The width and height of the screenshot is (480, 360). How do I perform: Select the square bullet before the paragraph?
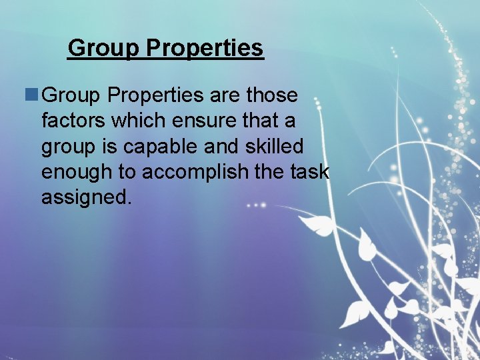[31, 95]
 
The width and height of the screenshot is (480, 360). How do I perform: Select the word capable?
[173, 147]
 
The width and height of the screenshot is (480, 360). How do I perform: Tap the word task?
[311, 172]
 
